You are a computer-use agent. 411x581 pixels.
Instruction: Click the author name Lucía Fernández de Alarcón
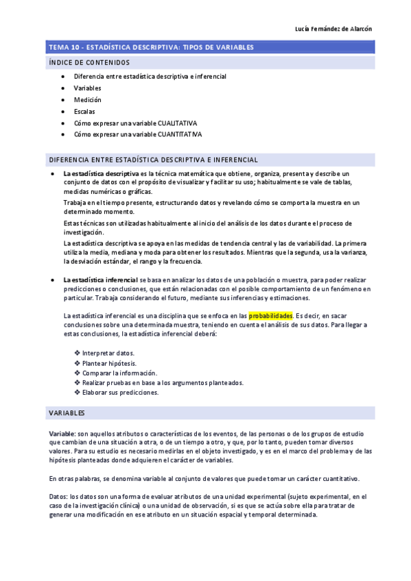332,29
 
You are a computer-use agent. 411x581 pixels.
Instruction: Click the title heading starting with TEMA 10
151,47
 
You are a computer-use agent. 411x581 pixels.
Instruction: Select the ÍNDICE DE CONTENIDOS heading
89,62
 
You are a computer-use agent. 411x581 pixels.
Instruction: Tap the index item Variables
87,88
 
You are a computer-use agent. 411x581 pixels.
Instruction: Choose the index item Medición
87,100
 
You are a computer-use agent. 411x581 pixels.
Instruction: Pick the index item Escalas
84,112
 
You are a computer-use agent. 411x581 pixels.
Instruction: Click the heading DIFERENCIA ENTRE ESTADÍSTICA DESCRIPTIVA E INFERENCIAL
154,160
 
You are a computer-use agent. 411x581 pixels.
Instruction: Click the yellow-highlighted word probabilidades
270,315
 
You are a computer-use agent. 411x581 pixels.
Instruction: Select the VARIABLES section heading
67,414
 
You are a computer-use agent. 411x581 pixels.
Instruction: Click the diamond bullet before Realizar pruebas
77,383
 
